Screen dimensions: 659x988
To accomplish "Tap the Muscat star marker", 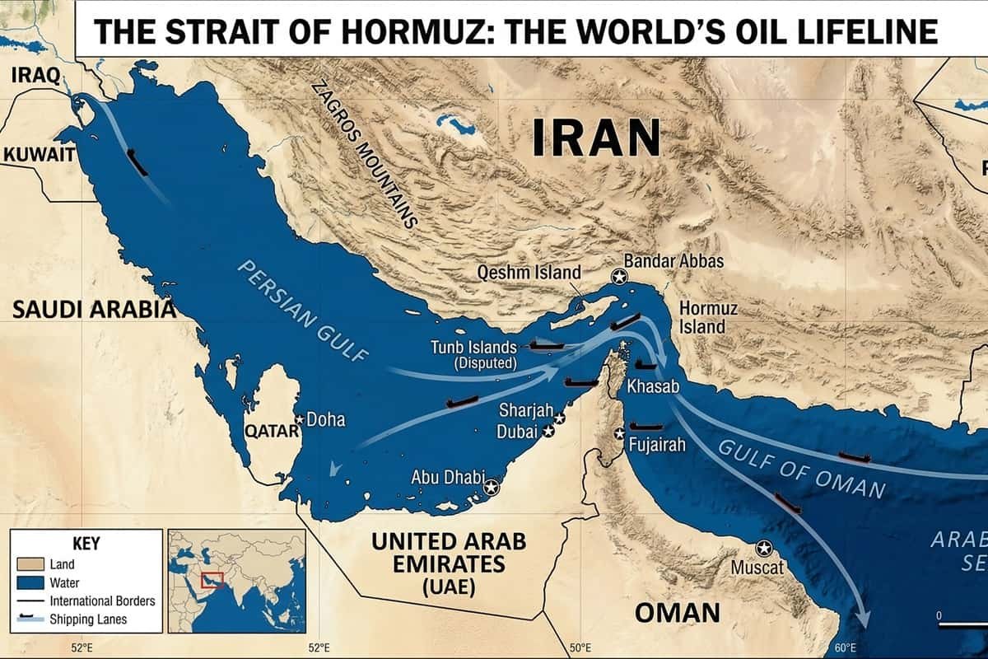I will pos(764,548).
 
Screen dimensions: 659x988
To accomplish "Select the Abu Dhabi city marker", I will pos(492,487).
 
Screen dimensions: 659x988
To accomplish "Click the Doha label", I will pos(326,420).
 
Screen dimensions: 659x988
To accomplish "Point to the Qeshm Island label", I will pos(529,273).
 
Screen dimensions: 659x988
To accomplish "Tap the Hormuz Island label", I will pos(708,317).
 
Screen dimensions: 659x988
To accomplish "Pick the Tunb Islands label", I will pos(473,348).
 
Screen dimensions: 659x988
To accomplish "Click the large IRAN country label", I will pos(596,138).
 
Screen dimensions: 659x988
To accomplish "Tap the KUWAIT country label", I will pos(40,154).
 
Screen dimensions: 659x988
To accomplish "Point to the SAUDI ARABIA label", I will pos(94,310).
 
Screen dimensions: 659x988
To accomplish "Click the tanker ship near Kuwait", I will pos(137,162).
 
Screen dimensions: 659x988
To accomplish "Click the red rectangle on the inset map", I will pos(212,581).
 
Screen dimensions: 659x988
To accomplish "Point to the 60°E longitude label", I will pos(845,647).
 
